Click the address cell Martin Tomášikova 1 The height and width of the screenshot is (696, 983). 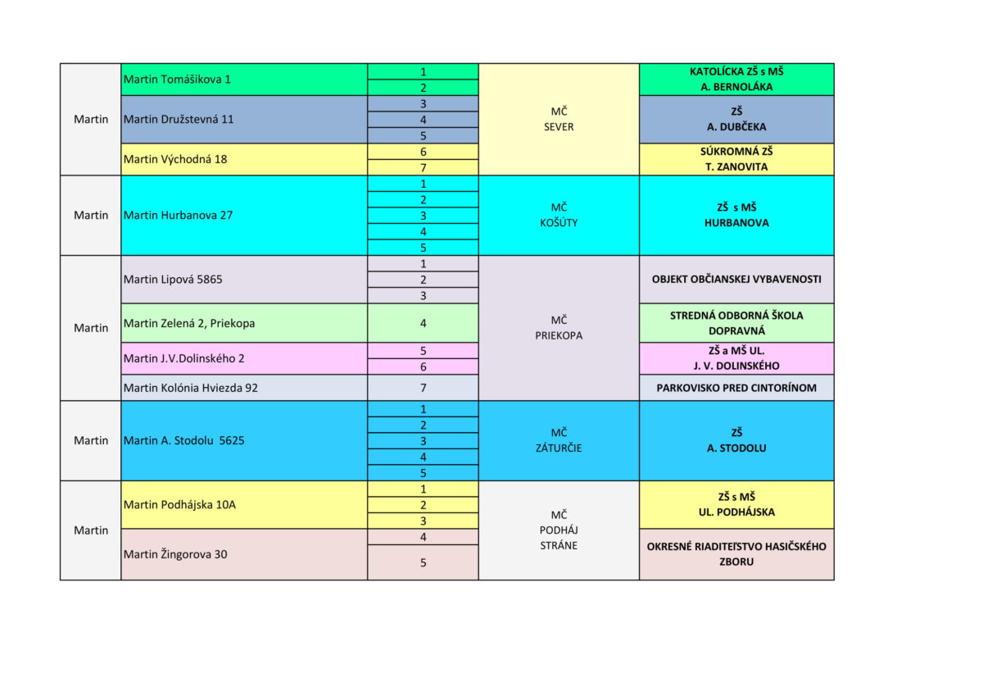[177, 80]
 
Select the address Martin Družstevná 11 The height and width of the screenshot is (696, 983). [179, 119]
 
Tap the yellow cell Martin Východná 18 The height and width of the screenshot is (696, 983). [175, 159]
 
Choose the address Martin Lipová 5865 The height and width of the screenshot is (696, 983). [173, 280]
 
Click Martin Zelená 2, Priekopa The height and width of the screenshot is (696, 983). [189, 323]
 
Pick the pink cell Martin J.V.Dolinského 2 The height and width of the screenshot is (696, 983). [184, 358]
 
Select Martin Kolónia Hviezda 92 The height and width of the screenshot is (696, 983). [191, 388]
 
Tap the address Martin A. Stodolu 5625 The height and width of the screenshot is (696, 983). [184, 440]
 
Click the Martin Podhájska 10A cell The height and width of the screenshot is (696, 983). [179, 504]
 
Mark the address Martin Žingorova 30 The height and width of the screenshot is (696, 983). [175, 554]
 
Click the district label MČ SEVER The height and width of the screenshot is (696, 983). [559, 119]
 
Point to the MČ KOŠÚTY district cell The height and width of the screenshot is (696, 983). [559, 215]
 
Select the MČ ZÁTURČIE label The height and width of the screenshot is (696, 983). [559, 440]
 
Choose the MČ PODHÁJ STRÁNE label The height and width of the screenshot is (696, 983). [559, 530]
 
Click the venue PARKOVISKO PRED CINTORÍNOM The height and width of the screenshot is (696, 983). [736, 388]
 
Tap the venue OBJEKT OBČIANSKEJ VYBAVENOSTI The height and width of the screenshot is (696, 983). [736, 280]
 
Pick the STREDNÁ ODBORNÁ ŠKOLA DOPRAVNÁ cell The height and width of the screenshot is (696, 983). [736, 323]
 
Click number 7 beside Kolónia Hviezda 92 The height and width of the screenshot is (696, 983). [423, 388]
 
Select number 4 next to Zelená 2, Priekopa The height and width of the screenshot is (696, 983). [423, 323]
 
